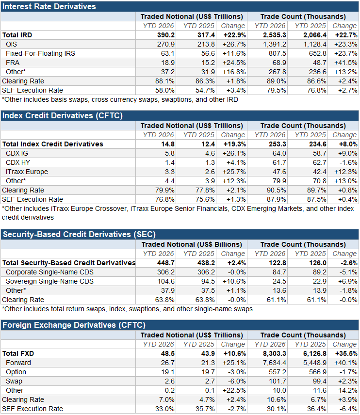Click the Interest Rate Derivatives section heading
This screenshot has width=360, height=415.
click(x=49, y=6)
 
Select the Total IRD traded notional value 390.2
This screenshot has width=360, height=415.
click(x=166, y=35)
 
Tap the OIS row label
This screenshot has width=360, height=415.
click(x=11, y=44)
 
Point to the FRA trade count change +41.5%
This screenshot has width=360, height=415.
click(x=346, y=63)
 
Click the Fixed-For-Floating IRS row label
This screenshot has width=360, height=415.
click(x=41, y=53)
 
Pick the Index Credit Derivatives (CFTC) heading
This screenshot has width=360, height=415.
click(x=63, y=116)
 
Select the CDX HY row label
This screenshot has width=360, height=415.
click(x=18, y=162)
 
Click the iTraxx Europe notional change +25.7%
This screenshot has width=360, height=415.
click(x=234, y=172)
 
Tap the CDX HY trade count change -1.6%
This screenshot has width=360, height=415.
click(x=348, y=162)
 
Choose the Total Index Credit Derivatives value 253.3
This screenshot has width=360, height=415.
click(x=278, y=144)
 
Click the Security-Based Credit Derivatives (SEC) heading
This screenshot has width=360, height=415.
click(x=79, y=234)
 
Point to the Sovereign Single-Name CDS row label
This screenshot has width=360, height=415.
click(x=50, y=281)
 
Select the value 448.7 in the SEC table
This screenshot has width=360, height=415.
click(x=166, y=263)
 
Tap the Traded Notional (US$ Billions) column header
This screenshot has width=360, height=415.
click(x=192, y=244)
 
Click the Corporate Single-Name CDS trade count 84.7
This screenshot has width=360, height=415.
click(x=279, y=272)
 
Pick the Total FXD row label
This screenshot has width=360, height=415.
click(x=18, y=353)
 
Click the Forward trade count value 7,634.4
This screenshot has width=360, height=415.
click(x=275, y=363)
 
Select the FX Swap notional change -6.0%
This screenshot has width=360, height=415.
click(x=237, y=382)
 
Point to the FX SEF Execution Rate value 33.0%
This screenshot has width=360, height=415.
click(x=165, y=409)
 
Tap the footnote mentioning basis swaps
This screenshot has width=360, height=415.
click(x=120, y=99)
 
